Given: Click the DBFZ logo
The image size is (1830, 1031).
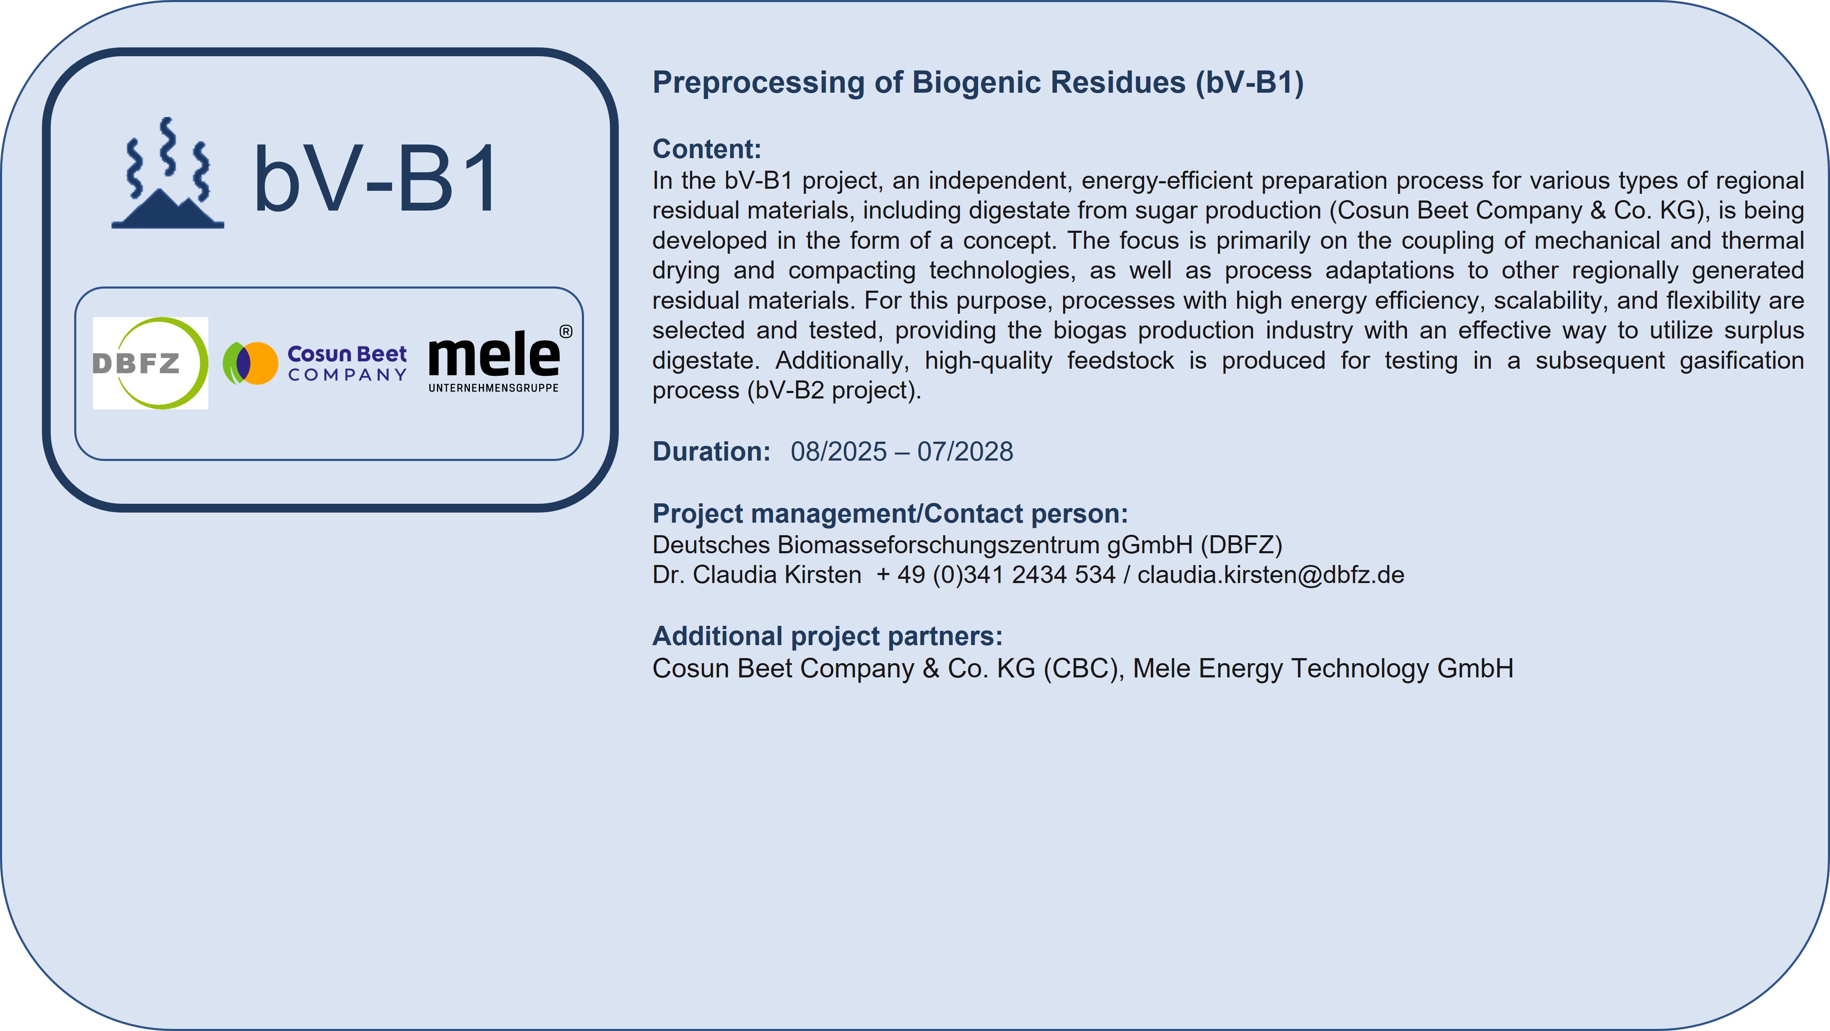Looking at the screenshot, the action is click(151, 363).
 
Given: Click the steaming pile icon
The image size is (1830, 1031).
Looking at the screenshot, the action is click(168, 173).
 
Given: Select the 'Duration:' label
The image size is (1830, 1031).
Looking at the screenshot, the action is click(711, 452).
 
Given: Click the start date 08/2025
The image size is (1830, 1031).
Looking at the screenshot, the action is click(839, 452).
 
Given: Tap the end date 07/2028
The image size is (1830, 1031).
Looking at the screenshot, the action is click(966, 452).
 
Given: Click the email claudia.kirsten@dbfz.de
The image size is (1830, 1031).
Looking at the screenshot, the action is click(1271, 575).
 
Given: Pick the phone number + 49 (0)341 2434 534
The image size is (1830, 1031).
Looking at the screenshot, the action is click(996, 575).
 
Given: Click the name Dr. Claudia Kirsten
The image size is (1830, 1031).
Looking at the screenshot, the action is click(757, 575).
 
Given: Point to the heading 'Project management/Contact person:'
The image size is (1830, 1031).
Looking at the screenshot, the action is click(890, 514).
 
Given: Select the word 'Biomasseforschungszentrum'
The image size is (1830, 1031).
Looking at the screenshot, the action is click(938, 545).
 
